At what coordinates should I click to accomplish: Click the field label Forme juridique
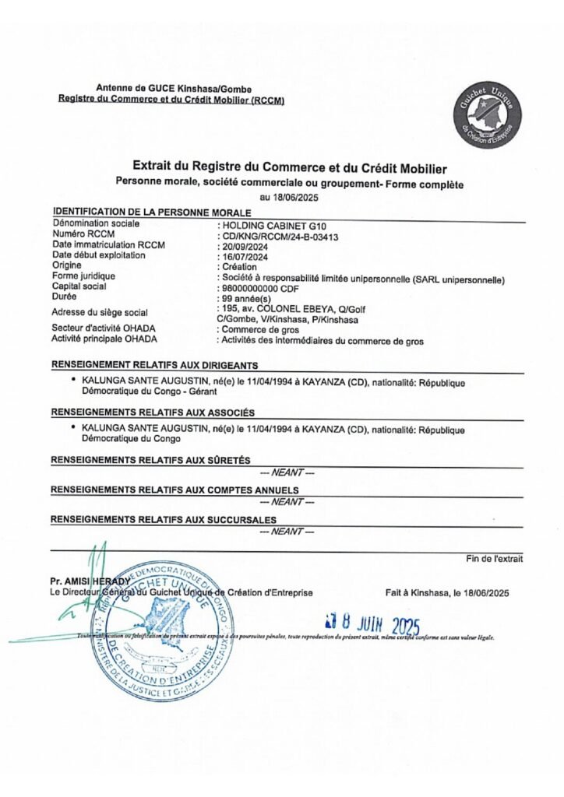click(83, 276)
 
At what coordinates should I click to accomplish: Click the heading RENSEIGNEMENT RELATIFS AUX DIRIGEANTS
click(154, 364)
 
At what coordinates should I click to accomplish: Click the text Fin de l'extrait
click(495, 558)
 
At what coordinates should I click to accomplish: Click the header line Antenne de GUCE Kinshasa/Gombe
click(173, 90)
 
